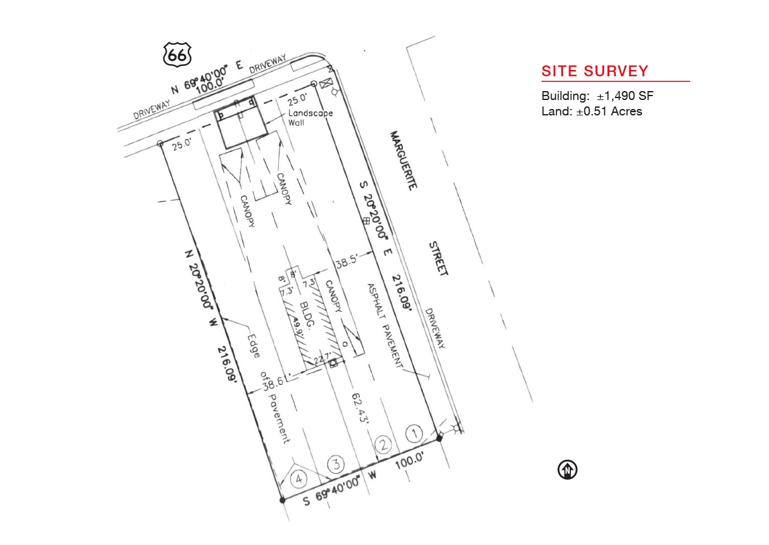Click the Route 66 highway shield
coord(177,55)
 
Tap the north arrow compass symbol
coord(568,469)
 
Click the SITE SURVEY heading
coord(595,71)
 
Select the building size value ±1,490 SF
coord(625,96)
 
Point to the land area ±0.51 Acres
coord(609,112)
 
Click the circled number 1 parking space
coord(415,433)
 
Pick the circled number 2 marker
coord(383,444)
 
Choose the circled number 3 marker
coord(336,464)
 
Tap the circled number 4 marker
coord(299,479)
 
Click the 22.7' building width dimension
coord(323,359)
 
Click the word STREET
coord(438,258)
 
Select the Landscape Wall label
coord(310,118)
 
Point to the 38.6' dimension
coord(274,383)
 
